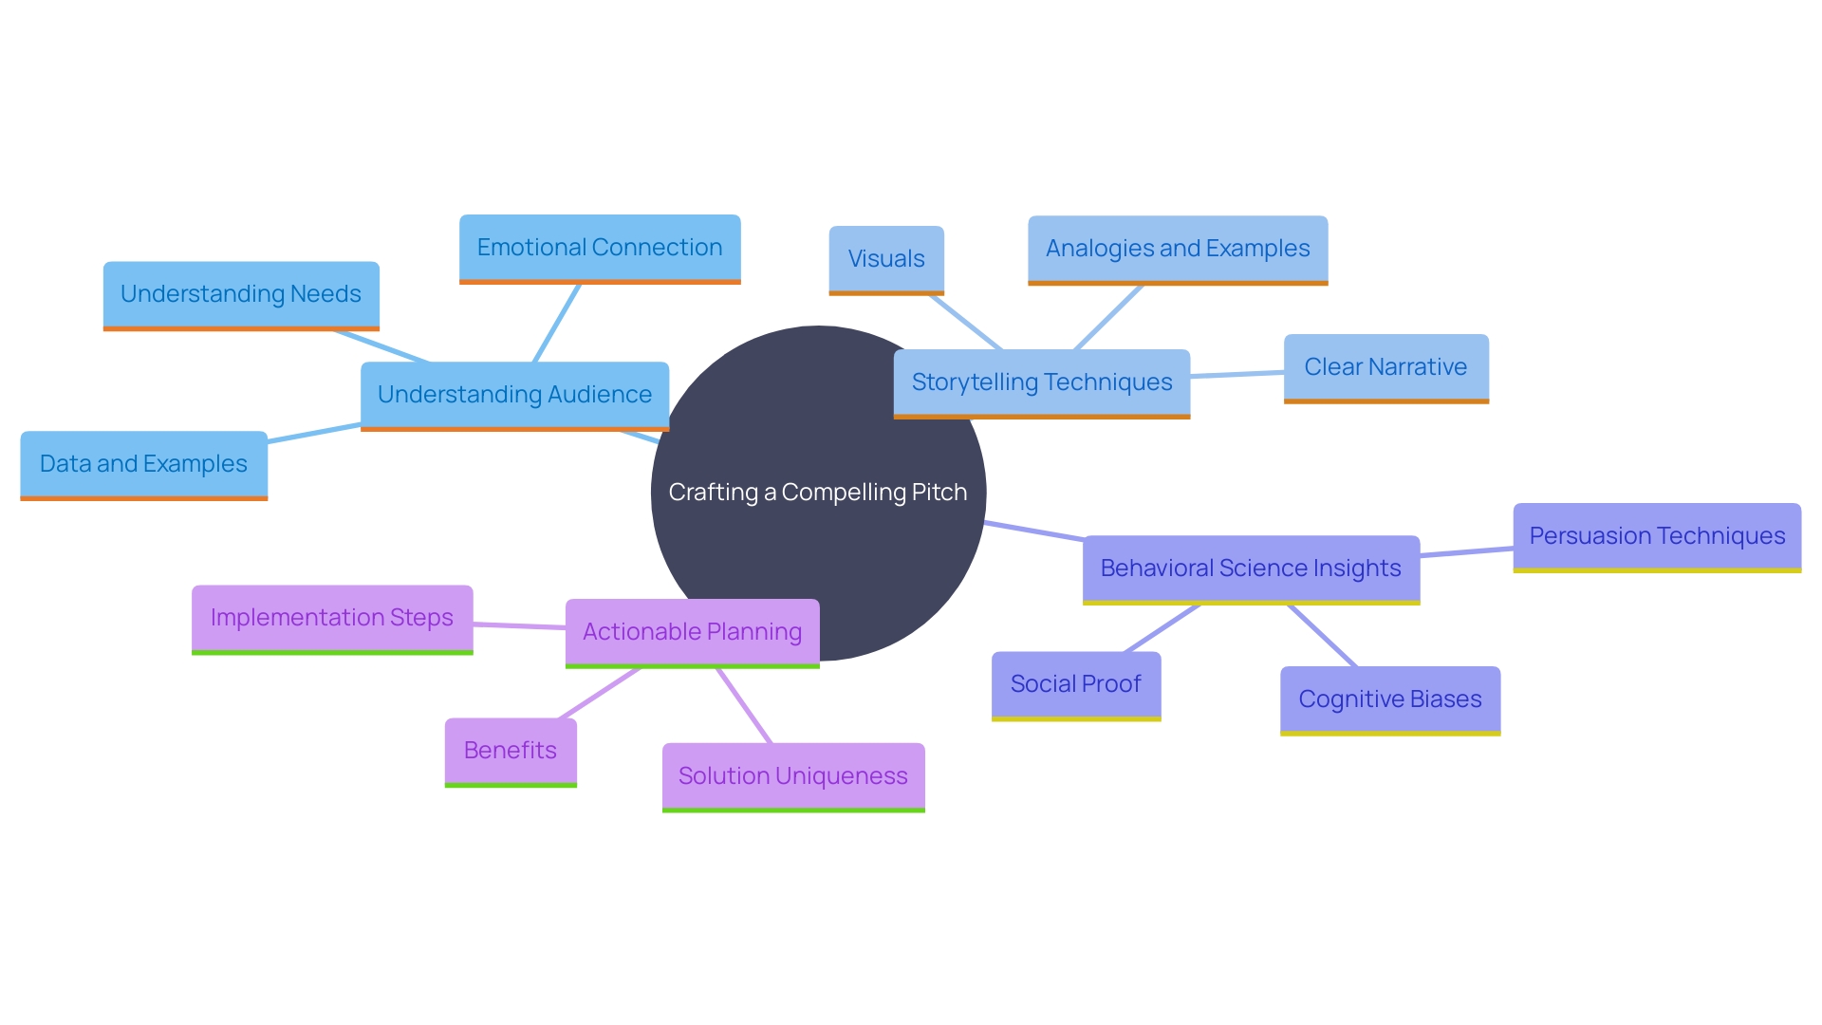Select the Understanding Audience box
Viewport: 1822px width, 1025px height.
click(514, 395)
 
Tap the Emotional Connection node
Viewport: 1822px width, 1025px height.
click(600, 248)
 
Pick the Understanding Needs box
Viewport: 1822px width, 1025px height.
click(241, 294)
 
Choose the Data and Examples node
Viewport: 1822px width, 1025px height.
click(143, 464)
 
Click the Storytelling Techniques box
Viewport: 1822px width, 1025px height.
click(1041, 382)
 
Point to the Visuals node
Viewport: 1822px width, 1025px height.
click(886, 259)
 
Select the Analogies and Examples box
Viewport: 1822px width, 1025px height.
click(1178, 249)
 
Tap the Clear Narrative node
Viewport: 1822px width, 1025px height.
click(1385, 367)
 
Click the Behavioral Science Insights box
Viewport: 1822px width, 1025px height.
click(1251, 568)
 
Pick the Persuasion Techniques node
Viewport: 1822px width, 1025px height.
click(1657, 536)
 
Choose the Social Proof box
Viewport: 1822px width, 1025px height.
click(1076, 684)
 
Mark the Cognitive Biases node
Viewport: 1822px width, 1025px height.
click(1390, 699)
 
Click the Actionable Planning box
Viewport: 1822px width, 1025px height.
click(692, 632)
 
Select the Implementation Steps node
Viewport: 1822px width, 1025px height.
click(332, 618)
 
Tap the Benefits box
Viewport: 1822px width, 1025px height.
click(511, 751)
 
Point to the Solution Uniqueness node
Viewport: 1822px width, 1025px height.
click(793, 776)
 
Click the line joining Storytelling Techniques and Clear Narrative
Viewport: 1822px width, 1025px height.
click(1236, 375)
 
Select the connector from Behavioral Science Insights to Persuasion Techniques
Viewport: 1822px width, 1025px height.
click(1466, 552)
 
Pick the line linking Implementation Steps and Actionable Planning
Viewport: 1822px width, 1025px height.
click(519, 625)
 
